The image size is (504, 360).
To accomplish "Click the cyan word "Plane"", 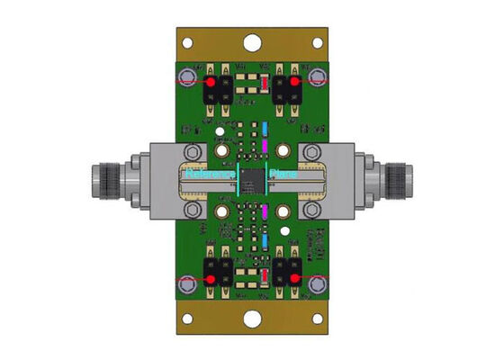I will [x=283, y=175].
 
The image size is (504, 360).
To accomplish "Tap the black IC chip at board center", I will [x=252, y=180].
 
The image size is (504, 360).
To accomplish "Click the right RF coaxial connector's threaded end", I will [x=395, y=175].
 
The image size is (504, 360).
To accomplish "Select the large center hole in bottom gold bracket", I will [x=253, y=319].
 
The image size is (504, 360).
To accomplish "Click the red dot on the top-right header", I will [x=293, y=82].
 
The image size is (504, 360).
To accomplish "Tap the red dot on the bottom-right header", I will [x=293, y=279].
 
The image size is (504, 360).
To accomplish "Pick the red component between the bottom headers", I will [x=265, y=274].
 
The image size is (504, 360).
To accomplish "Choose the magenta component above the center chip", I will [x=265, y=144].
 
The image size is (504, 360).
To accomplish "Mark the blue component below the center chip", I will [x=265, y=231].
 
